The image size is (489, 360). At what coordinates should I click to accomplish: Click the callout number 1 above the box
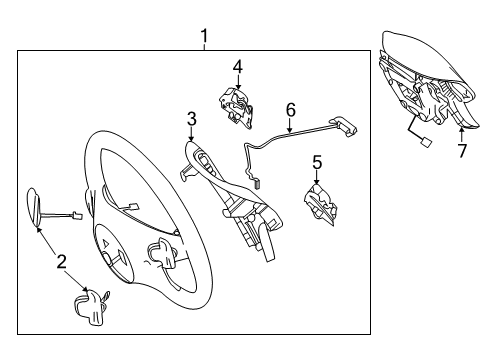[x=204, y=36]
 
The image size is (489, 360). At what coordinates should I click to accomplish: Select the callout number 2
[x=62, y=261]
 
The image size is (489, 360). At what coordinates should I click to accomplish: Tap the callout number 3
[x=192, y=119]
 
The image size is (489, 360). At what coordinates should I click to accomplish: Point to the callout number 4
[x=238, y=67]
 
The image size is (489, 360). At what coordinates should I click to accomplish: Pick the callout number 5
[x=317, y=162]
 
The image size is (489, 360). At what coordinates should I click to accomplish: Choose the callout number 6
[x=291, y=110]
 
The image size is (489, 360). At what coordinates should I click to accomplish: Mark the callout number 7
[x=462, y=151]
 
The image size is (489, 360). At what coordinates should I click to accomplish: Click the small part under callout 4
[x=236, y=107]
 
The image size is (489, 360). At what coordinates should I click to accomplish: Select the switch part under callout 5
[x=320, y=204]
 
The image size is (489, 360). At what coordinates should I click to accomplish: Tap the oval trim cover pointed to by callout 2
[x=34, y=207]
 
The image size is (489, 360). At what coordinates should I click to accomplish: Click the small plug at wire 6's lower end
[x=257, y=183]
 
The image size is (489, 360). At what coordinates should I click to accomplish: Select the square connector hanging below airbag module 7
[x=425, y=142]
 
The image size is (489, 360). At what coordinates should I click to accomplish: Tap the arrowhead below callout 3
[x=191, y=139]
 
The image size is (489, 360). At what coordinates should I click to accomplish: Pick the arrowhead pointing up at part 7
[x=462, y=131]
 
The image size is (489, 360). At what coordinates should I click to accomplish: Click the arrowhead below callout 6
[x=290, y=130]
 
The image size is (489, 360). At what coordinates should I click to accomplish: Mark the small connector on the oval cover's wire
[x=77, y=216]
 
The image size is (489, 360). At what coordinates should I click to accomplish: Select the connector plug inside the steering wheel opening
[x=134, y=207]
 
